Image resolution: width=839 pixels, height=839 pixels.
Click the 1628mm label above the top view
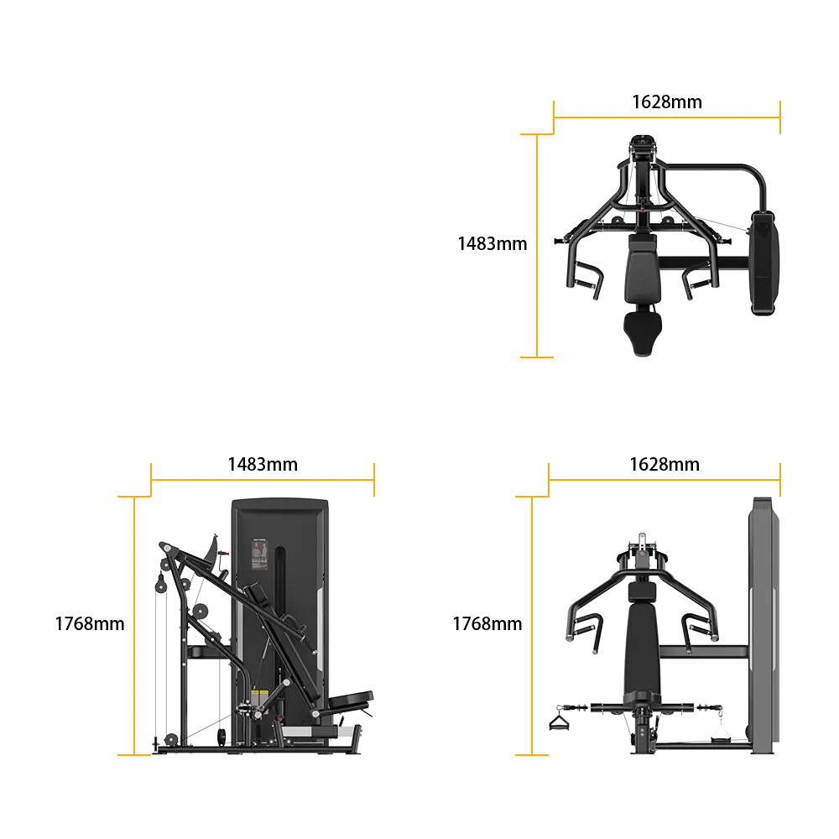pos(667,102)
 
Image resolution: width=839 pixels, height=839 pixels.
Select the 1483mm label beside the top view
pos(492,243)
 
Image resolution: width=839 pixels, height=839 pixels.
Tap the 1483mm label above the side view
pos(263,464)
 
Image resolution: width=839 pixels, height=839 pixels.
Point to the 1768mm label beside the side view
pos(90,623)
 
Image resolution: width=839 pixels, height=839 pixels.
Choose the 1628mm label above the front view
pos(664,464)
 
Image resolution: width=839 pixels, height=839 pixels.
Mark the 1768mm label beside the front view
pos(487,623)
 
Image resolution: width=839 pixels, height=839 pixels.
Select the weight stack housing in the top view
pos(763,263)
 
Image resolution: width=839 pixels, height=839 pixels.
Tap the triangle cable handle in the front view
pos(559,723)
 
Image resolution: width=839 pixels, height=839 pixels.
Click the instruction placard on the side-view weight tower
pos(259,555)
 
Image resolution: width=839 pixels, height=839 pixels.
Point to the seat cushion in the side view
pos(351,700)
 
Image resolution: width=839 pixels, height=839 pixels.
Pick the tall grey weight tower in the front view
pos(763,625)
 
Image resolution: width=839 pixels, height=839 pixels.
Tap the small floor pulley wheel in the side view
pos(171,739)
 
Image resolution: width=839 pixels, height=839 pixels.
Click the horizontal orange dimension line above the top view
pos(667,117)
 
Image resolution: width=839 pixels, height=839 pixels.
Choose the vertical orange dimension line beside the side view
pos(134,626)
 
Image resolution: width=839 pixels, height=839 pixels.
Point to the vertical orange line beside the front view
pos(532,626)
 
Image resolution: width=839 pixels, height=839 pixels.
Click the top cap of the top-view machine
pos(643,143)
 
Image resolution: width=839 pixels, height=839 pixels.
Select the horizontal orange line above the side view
pos(263,480)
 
